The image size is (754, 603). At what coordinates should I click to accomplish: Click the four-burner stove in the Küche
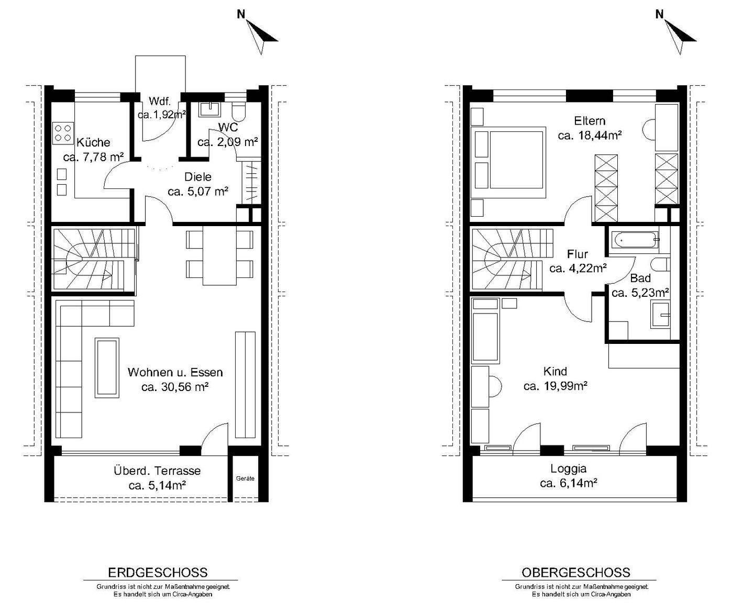63,133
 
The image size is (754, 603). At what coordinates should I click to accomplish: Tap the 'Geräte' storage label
245,478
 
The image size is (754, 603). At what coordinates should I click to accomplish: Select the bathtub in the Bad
634,240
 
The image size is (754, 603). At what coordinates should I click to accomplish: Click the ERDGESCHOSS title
158,573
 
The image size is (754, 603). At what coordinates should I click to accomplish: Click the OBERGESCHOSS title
576,573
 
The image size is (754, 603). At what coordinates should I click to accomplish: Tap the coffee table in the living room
107,367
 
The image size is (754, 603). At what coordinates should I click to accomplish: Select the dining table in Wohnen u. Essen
220,255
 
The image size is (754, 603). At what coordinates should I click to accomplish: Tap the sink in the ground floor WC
209,109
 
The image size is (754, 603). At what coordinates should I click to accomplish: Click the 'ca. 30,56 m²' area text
175,387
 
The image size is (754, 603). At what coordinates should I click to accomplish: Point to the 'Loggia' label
568,468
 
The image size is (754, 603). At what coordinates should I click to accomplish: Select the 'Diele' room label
198,176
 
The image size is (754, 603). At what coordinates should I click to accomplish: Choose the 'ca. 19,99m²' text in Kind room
556,386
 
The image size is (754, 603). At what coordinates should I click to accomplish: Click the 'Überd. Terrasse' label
157,470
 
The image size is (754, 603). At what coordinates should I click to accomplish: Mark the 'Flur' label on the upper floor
578,254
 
